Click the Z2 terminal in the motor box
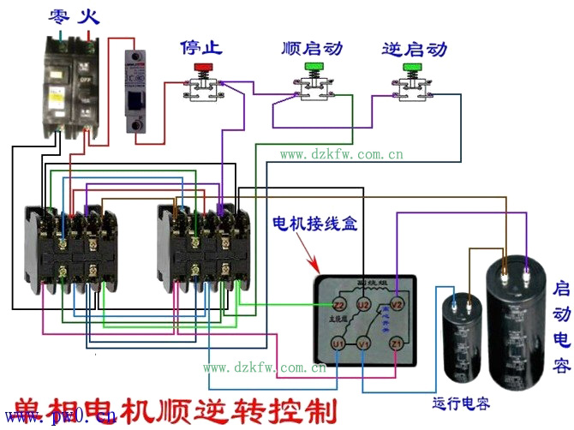coord(338,305)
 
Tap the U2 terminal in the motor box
coord(363,305)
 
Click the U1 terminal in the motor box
coord(338,344)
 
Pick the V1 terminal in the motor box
coord(364,344)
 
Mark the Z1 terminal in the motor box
coord(396,344)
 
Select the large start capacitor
coord(517,325)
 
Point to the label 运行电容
coord(463,403)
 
